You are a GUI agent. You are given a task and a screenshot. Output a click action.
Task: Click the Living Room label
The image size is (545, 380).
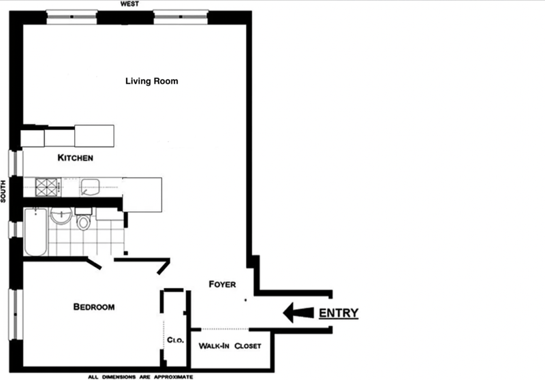(151, 81)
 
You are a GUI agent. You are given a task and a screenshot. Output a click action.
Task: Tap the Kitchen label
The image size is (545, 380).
(76, 158)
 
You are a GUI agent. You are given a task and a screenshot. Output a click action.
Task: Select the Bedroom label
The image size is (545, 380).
(94, 306)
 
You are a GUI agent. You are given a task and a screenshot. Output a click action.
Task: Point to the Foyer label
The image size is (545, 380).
(223, 284)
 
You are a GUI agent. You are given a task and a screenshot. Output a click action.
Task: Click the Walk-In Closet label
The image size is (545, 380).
(230, 346)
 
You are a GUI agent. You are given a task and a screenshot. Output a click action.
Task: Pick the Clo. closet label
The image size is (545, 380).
(175, 340)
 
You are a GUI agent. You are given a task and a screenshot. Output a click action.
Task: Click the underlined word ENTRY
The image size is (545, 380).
(339, 313)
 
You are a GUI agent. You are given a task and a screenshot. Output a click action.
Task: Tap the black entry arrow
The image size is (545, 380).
(298, 313)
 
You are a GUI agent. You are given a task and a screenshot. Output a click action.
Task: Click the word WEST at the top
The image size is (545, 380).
(129, 4)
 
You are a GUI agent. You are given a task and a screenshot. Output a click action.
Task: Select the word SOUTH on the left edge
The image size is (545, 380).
(3, 191)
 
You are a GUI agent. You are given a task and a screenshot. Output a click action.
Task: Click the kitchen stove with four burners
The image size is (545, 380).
(47, 187)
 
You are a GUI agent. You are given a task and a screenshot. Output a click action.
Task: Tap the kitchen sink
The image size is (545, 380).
(90, 187)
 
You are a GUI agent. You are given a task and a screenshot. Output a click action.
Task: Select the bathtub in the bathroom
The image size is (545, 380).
(35, 232)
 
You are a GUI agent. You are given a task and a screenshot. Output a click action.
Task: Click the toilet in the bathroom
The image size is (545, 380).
(83, 219)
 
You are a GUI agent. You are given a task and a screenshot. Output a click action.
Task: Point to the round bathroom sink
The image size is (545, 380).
(61, 216)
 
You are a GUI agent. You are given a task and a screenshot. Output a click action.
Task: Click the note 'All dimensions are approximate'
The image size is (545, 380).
(140, 377)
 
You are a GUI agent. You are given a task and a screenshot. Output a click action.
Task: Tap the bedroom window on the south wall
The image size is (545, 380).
(15, 315)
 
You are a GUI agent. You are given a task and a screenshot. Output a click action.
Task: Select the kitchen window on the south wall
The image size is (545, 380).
(15, 163)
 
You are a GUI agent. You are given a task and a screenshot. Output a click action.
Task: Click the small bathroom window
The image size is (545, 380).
(15, 229)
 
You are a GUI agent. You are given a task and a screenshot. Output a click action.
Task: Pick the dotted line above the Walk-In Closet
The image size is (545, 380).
(225, 329)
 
